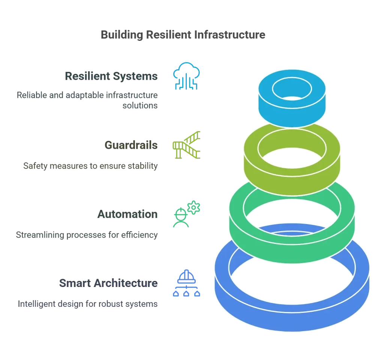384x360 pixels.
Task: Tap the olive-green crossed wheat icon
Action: (186, 144)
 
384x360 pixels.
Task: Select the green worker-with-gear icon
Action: (186, 214)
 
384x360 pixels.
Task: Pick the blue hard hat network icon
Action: (186, 282)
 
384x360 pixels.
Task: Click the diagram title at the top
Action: (183, 34)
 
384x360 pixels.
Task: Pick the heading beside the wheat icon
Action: (130, 145)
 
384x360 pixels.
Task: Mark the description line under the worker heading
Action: (86, 235)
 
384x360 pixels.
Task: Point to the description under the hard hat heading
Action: (88, 304)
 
